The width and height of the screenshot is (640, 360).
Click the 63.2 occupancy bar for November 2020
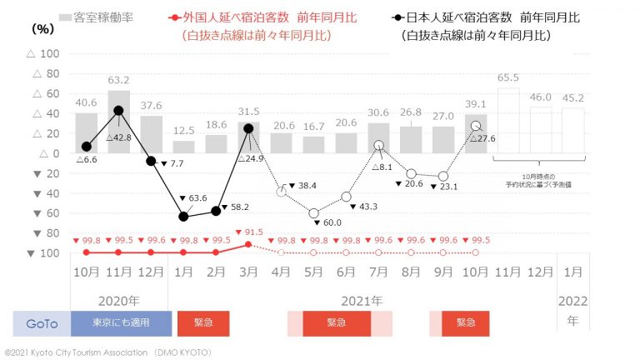(x=118, y=122)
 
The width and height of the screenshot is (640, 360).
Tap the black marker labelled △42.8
(x=118, y=111)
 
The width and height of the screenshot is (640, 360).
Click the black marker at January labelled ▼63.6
(x=183, y=217)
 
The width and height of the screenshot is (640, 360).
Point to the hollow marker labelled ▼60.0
(x=313, y=213)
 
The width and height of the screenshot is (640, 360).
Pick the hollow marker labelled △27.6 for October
(x=475, y=126)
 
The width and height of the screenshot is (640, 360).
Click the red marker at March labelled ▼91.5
(x=248, y=244)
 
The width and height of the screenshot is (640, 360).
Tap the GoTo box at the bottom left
(x=42, y=323)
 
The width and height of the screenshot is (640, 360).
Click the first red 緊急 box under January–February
(x=202, y=323)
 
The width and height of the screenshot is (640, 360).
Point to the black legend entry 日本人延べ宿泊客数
(x=467, y=17)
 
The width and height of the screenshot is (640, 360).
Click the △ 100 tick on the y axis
(x=43, y=54)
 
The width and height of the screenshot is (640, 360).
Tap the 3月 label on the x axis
(x=248, y=272)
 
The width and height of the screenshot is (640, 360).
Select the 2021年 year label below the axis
(x=362, y=300)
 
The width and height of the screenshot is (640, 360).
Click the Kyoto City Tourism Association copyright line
(x=108, y=352)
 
